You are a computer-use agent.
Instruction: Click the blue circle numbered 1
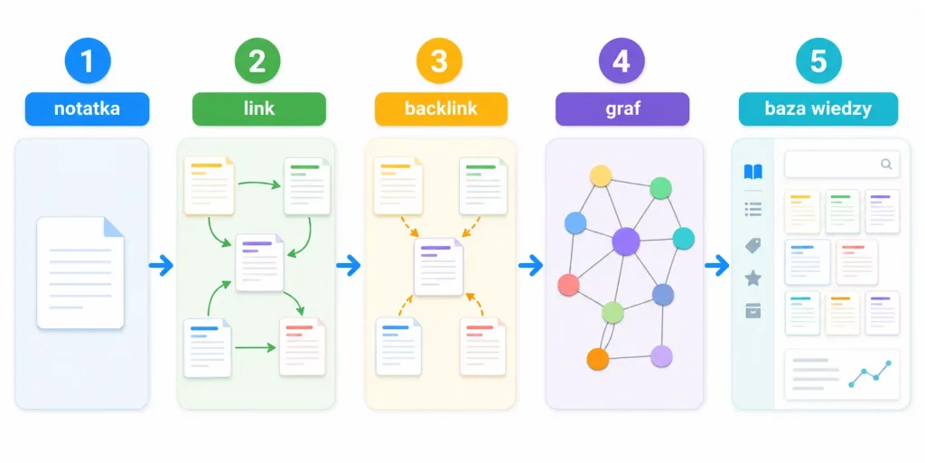(x=88, y=61)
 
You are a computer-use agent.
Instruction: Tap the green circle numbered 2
(x=257, y=61)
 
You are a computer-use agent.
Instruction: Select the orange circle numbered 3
(x=440, y=61)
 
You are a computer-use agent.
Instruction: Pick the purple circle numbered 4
(x=621, y=61)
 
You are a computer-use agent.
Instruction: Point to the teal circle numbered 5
(x=818, y=61)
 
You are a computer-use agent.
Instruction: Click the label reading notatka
(x=88, y=109)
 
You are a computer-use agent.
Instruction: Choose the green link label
(x=259, y=109)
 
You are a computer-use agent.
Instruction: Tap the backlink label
(x=441, y=109)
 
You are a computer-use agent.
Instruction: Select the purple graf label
(x=622, y=109)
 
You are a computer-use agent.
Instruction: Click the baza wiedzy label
(x=818, y=109)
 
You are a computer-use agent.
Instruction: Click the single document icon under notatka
(x=80, y=272)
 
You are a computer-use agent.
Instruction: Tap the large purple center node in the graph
(x=626, y=241)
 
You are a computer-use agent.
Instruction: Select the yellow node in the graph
(x=601, y=176)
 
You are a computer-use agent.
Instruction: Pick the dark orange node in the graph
(x=598, y=358)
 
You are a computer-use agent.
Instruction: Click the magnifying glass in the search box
(x=886, y=165)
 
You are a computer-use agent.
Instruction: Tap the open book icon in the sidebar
(x=753, y=172)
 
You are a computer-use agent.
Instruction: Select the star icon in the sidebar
(x=753, y=279)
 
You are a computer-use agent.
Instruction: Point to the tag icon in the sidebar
(x=753, y=246)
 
